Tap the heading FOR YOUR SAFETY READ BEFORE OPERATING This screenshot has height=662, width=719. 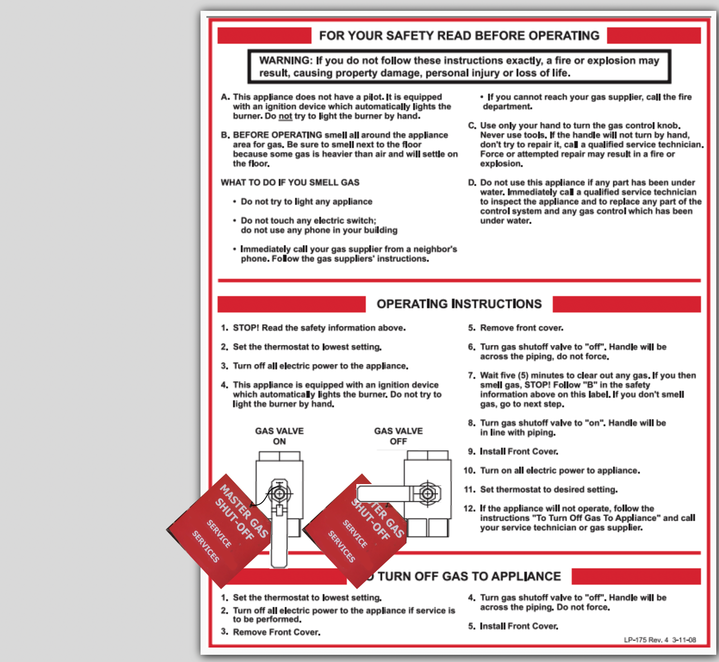click(x=459, y=36)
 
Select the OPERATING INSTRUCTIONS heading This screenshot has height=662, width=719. click(x=459, y=304)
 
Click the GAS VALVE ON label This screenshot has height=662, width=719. click(x=280, y=436)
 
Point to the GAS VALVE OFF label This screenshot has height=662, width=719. click(x=398, y=436)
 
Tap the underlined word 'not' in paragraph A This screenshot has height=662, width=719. click(x=285, y=116)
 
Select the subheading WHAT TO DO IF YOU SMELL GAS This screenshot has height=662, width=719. click(x=290, y=182)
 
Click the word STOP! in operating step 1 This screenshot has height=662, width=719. click(x=246, y=328)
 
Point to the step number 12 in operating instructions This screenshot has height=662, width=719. click(x=469, y=508)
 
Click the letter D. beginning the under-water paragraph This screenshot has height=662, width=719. click(x=472, y=182)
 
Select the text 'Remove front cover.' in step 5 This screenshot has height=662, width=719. click(x=522, y=328)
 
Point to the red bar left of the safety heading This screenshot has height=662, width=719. click(x=264, y=36)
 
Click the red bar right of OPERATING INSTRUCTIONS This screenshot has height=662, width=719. click(x=626, y=304)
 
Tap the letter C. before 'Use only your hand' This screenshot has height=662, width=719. click(x=472, y=126)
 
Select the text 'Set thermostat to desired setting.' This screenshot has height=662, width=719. click(x=549, y=490)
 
